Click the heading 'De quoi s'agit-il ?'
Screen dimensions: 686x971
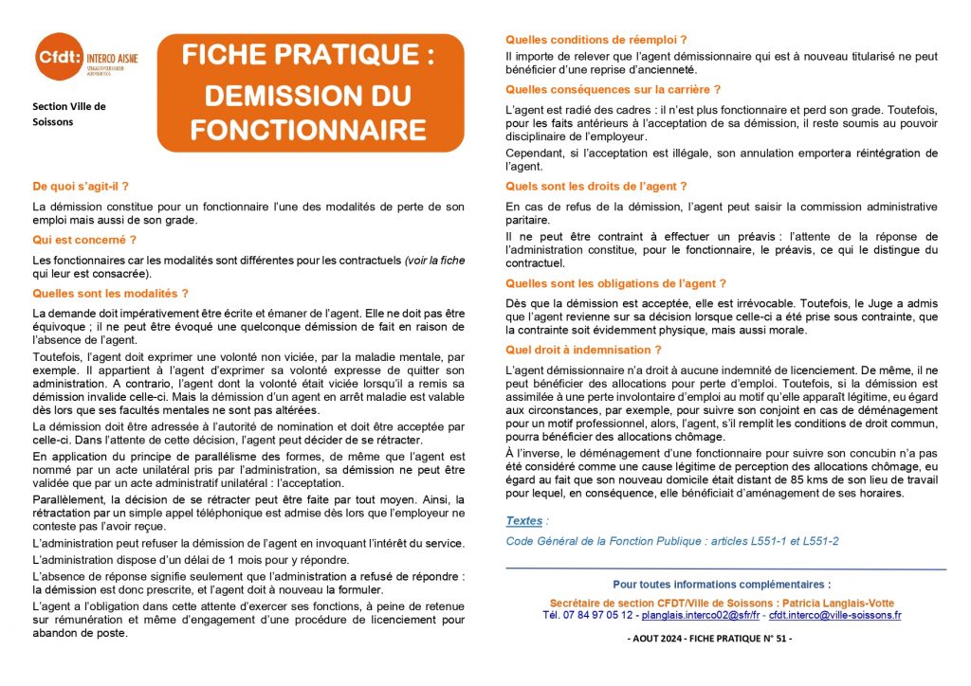pyautogui.click(x=80, y=187)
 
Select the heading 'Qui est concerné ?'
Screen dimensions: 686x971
pyautogui.click(x=83, y=240)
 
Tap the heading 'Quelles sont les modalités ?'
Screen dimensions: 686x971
pyautogui.click(x=110, y=294)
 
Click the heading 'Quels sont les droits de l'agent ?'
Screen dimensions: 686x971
pyautogui.click(x=596, y=187)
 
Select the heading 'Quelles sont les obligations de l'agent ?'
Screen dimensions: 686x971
pyautogui.click(x=616, y=283)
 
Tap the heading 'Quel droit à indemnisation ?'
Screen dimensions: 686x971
pyautogui.click(x=583, y=350)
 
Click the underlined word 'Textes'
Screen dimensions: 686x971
pyautogui.click(x=524, y=521)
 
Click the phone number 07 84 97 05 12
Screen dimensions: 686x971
pyautogui.click(x=588, y=615)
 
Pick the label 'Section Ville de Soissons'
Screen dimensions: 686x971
pyautogui.click(x=67, y=114)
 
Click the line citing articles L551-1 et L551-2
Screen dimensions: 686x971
pyautogui.click(x=672, y=541)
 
